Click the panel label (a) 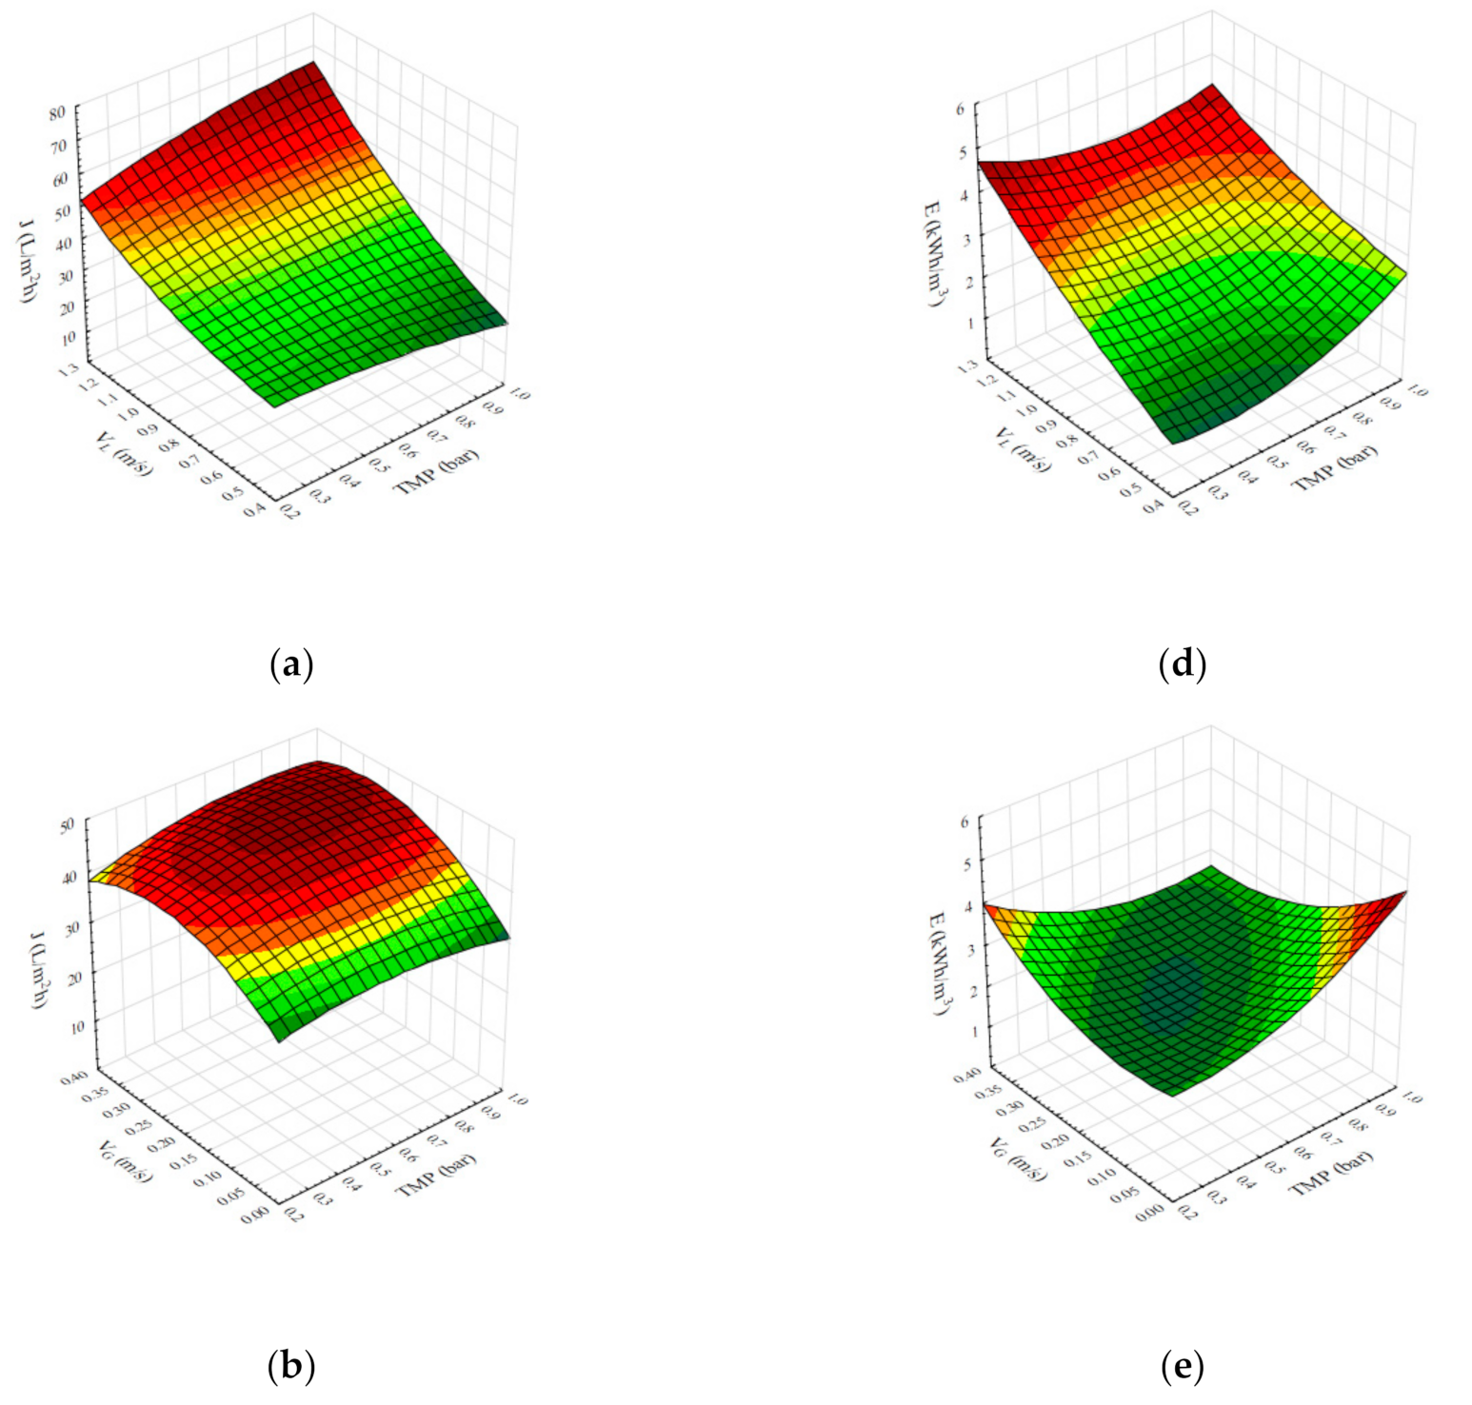point(291,663)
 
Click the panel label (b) point(291,1366)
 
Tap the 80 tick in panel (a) point(57,112)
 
